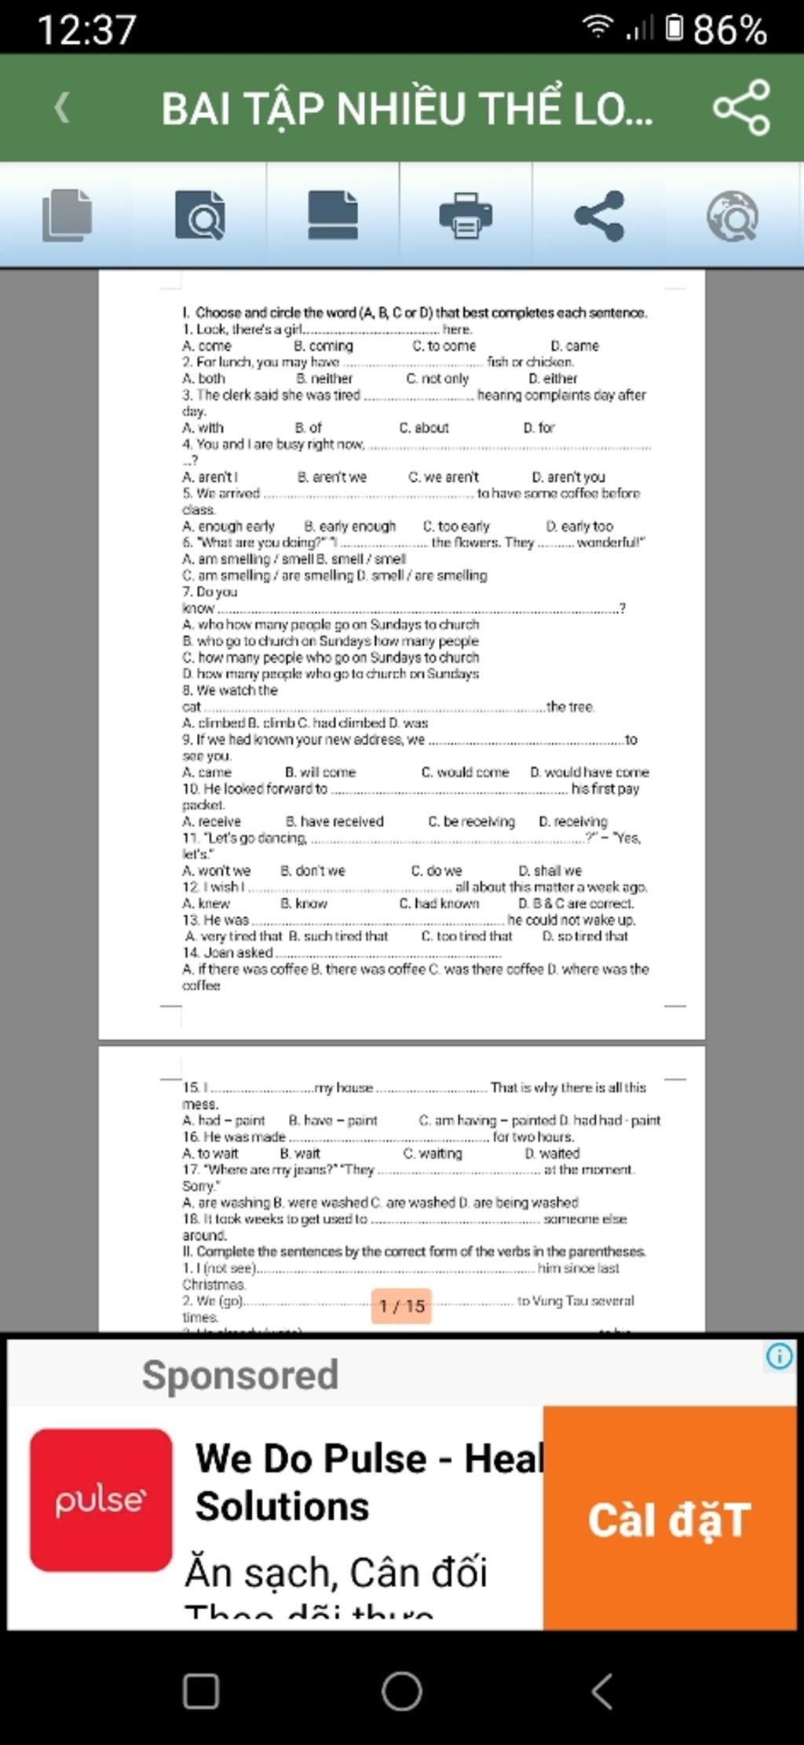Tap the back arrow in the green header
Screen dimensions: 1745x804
(62, 108)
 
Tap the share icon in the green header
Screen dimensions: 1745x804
(741, 108)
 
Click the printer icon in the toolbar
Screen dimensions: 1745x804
(466, 215)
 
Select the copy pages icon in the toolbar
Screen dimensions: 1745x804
(67, 215)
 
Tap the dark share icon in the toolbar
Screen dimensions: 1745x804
(599, 215)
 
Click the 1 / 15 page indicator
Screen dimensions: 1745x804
(402, 1305)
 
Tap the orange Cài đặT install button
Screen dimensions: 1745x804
(670, 1519)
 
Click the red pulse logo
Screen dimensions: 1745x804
(100, 1499)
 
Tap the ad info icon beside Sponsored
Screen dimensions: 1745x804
(779, 1356)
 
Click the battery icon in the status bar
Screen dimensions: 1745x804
(674, 29)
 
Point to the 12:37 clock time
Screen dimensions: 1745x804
(86, 31)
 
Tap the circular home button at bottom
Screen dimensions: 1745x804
(402, 1690)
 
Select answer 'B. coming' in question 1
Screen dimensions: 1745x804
(323, 346)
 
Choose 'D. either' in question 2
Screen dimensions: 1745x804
(553, 379)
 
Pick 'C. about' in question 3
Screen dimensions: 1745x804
(424, 428)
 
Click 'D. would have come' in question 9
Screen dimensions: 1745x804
(589, 772)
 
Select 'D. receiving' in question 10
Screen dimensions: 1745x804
(572, 821)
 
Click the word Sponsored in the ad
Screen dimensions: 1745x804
(240, 1374)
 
